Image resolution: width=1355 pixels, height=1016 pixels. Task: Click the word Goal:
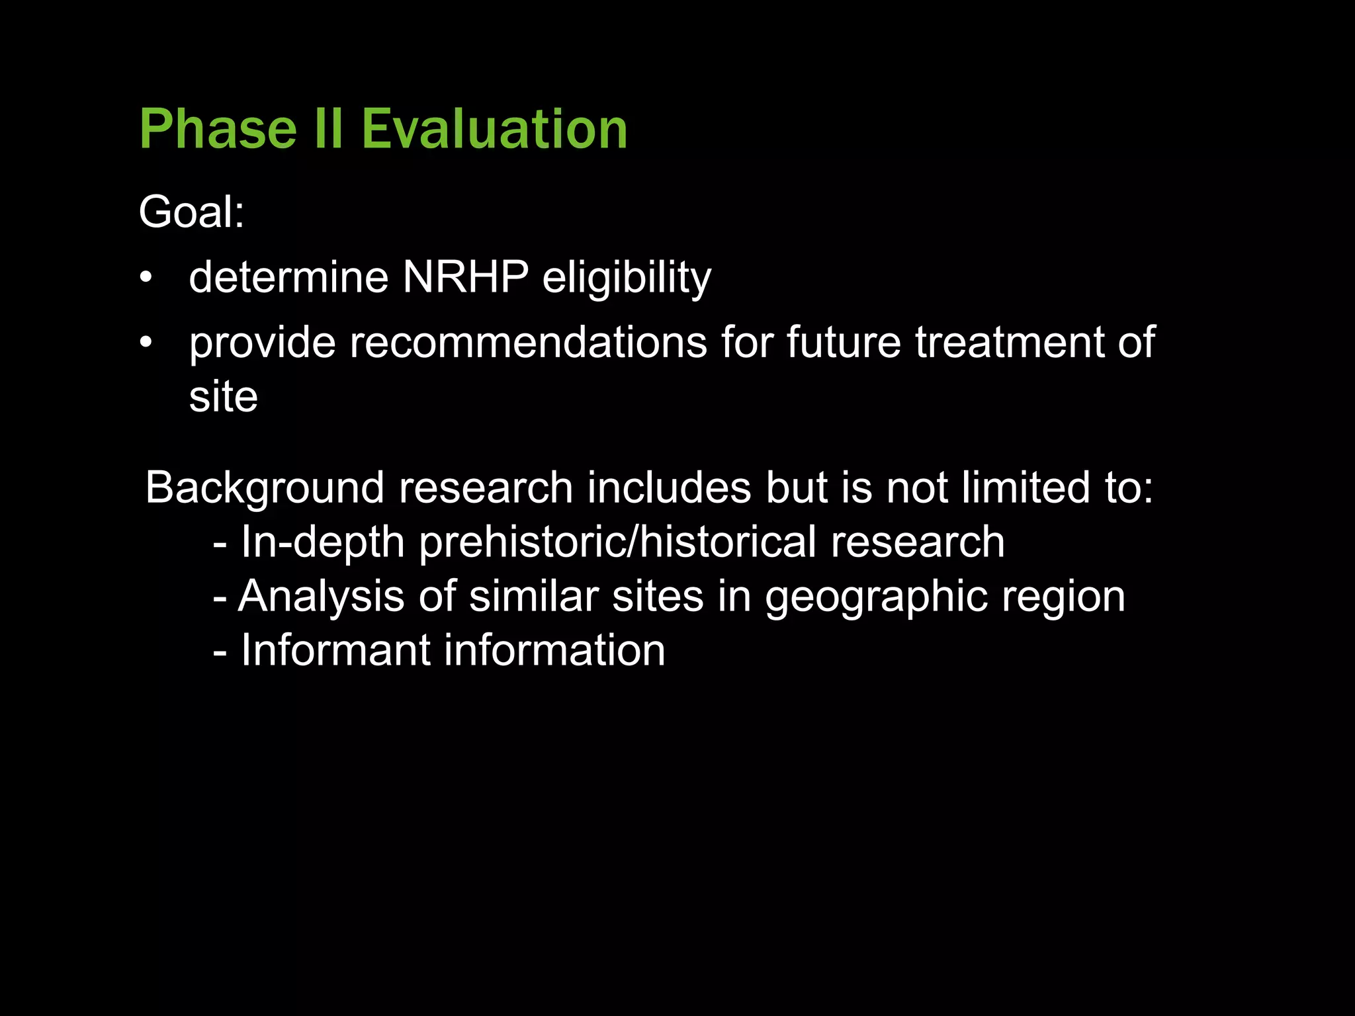tap(191, 212)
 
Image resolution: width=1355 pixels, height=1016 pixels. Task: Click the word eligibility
tap(627, 278)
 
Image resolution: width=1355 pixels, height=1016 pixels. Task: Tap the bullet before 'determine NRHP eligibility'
tap(146, 277)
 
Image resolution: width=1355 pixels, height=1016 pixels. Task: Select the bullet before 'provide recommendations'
tap(146, 343)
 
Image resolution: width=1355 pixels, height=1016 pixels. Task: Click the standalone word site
tap(223, 397)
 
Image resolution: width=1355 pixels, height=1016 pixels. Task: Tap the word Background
tap(265, 488)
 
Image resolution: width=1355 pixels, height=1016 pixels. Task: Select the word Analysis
tap(320, 597)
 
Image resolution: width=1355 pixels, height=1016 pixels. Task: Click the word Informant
tap(335, 650)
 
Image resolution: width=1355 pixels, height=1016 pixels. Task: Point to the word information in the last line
tap(554, 650)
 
